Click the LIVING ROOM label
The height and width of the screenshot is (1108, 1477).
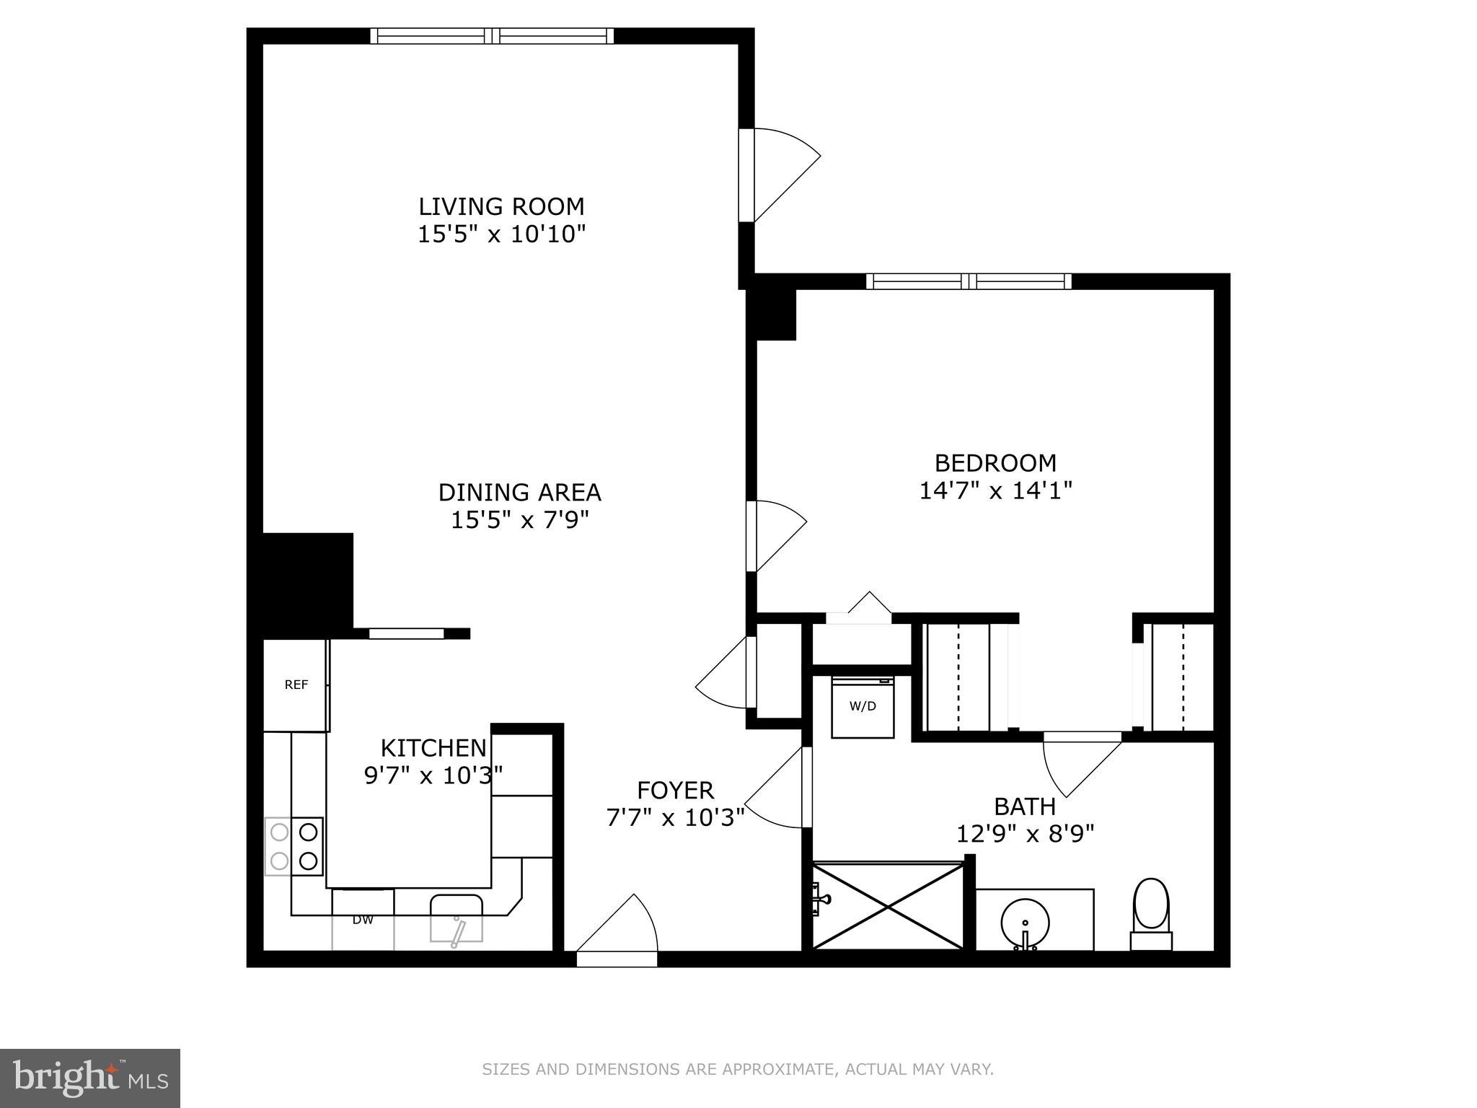click(x=501, y=206)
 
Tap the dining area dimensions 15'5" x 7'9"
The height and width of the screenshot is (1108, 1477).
click(x=520, y=520)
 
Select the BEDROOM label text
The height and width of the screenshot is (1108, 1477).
click(x=995, y=462)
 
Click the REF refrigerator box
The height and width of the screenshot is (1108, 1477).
click(x=296, y=685)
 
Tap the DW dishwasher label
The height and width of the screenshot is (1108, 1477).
click(x=363, y=920)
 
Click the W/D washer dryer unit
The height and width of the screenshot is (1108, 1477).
click(x=863, y=707)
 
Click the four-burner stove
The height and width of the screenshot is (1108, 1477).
click(x=294, y=846)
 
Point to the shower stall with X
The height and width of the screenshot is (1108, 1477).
click(x=888, y=906)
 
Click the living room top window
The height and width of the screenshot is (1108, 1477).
click(x=493, y=36)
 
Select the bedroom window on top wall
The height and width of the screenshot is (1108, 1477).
click(x=969, y=281)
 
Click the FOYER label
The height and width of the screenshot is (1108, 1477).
click(x=675, y=791)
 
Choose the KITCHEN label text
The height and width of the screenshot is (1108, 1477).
click(x=433, y=747)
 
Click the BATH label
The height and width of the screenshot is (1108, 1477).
click(x=1024, y=806)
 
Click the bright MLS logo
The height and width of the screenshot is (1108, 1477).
click(x=90, y=1078)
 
